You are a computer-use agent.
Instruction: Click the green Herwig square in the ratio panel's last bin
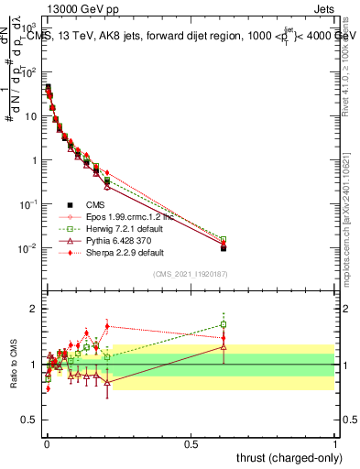coord(224,324)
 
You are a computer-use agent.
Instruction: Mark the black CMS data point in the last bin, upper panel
coord(224,248)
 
